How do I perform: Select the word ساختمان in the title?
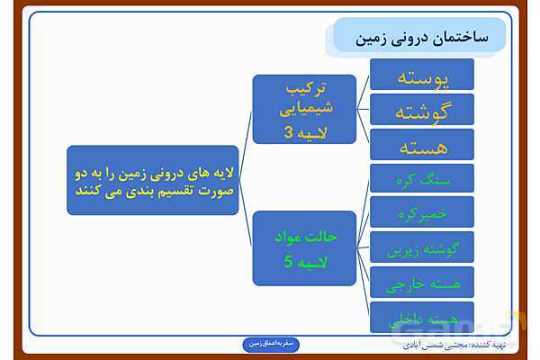454,36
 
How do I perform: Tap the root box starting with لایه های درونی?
153,180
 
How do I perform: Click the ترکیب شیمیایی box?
304,109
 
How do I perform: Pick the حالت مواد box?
304,248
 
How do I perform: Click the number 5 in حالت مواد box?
288,263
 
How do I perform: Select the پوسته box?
422,76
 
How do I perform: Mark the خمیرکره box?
422,213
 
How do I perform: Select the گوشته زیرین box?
422,248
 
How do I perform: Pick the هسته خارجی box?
422,283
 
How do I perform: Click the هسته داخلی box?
422,317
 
